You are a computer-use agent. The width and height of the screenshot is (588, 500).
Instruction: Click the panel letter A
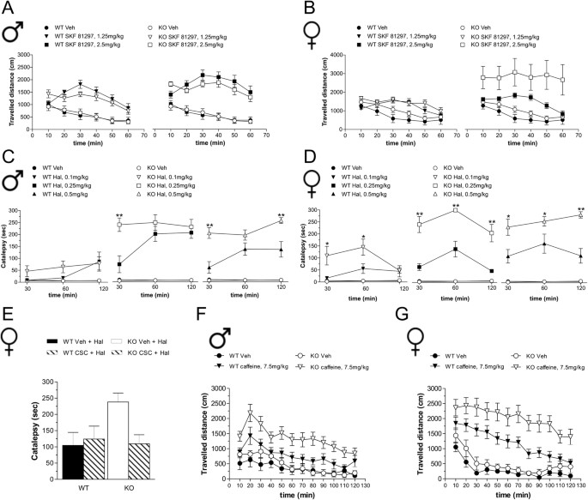(x=9, y=8)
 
